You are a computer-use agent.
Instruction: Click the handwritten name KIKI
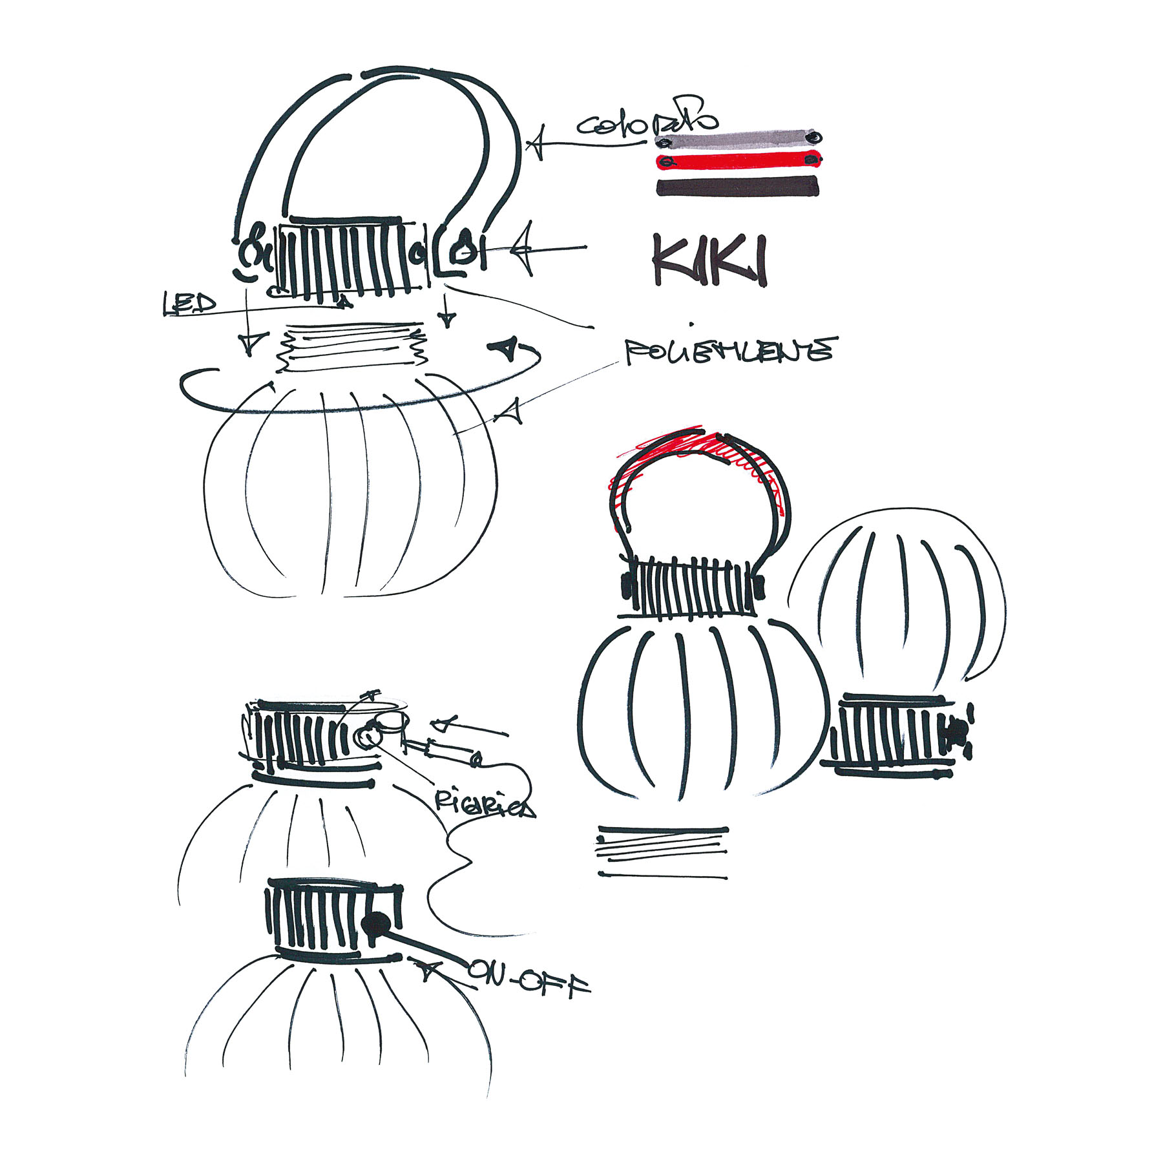pos(709,260)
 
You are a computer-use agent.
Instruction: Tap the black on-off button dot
pos(376,925)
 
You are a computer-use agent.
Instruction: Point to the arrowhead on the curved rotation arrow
pos(505,349)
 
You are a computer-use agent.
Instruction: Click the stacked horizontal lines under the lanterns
pos(662,851)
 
